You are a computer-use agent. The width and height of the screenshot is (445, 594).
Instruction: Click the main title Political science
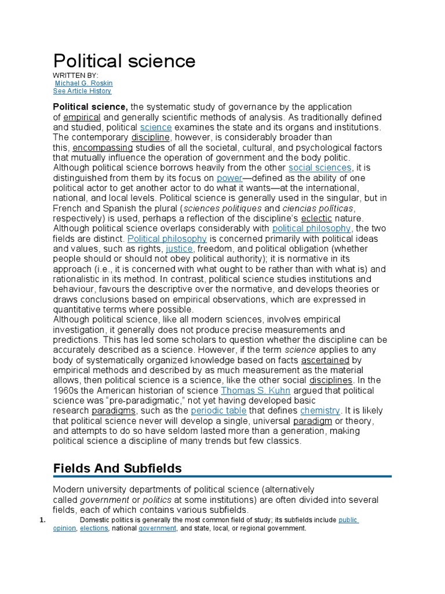124,61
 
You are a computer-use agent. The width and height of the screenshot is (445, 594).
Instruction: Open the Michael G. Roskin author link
83,83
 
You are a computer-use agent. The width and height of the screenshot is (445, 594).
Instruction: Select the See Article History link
82,91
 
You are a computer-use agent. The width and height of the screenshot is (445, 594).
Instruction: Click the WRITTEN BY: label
76,75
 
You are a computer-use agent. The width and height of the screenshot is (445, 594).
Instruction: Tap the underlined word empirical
82,117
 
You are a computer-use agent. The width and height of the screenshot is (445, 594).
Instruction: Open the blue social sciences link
320,168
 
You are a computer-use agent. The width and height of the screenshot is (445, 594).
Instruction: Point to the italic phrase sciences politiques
222,208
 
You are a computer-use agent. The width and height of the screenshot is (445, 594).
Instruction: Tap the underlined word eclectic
316,218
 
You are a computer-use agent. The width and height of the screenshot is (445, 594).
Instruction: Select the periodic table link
219,410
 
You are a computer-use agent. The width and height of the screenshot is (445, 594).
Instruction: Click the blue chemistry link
320,410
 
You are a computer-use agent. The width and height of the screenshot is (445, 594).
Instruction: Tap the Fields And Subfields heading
118,468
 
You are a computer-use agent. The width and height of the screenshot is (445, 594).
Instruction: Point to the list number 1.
42,520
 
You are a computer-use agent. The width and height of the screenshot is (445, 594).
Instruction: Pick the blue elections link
94,528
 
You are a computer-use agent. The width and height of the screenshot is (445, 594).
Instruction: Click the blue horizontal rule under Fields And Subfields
222,477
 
